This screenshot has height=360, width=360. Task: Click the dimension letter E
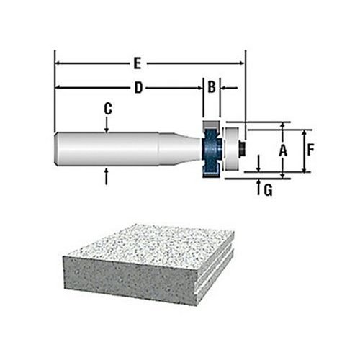tap(138, 63)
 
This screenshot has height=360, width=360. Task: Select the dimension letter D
tap(138, 88)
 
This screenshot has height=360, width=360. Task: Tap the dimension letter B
tap(212, 87)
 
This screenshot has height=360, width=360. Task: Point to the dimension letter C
tap(108, 109)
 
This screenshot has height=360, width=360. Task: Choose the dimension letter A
tap(283, 151)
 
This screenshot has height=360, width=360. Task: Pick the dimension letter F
tap(310, 150)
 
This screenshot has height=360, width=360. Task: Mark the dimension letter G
tap(268, 190)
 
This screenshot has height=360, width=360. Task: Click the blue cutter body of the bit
tap(211, 150)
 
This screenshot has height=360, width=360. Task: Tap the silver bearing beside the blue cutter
tap(231, 149)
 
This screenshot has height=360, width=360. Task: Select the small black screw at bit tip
tap(242, 149)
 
